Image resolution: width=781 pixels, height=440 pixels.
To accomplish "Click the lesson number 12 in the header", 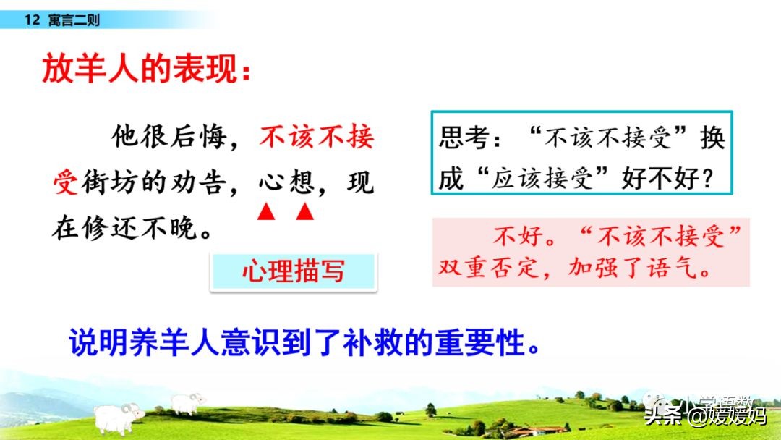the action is [x=32, y=20].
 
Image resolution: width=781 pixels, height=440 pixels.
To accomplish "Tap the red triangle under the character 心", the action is [x=266, y=211].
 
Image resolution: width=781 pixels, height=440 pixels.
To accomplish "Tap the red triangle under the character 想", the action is [x=305, y=211].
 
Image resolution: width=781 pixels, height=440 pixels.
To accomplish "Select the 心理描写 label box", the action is [x=294, y=271].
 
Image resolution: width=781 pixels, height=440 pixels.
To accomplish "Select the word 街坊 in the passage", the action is [x=109, y=182].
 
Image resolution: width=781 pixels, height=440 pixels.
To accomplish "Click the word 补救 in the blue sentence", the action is [x=372, y=342].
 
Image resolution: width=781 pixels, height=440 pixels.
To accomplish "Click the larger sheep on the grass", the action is [x=118, y=418].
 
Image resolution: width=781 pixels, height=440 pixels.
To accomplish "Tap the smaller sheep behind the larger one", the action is [x=187, y=403].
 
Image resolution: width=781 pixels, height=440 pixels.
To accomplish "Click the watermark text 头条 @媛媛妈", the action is [x=705, y=415].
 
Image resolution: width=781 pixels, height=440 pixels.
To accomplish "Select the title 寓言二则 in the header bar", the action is [x=74, y=20].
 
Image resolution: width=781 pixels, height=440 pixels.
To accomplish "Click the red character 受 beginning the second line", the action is [x=65, y=182].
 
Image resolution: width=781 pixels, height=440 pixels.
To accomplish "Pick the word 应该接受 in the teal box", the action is [x=542, y=178].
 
